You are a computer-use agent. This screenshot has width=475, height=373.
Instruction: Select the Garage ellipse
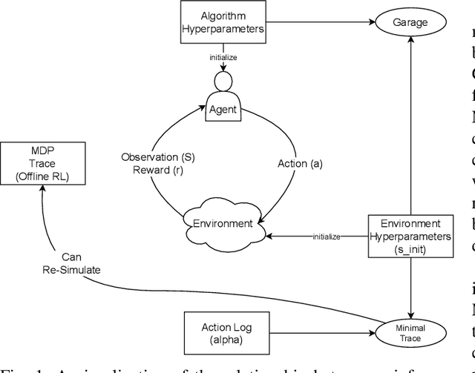[x=410, y=22]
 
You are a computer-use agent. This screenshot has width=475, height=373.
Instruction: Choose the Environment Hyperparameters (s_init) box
[x=410, y=236]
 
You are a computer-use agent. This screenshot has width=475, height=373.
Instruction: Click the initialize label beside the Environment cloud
[x=324, y=237]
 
